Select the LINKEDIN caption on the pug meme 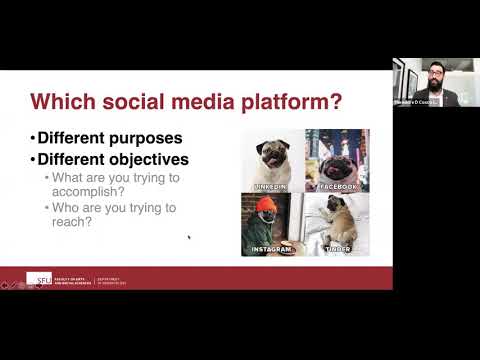coord(272,186)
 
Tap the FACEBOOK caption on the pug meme coord(337,186)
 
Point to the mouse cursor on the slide coord(189,237)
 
